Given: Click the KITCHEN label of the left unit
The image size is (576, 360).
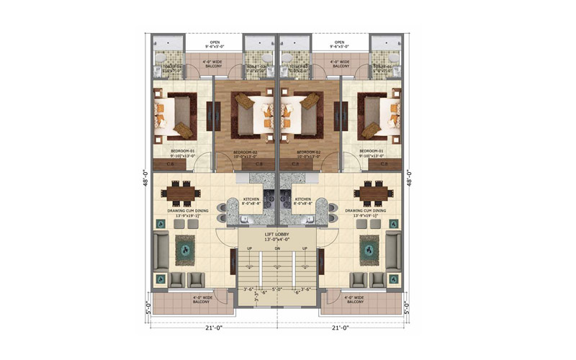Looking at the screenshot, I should [x=251, y=198].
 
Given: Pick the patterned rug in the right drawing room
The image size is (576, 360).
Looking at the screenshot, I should [x=369, y=248].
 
